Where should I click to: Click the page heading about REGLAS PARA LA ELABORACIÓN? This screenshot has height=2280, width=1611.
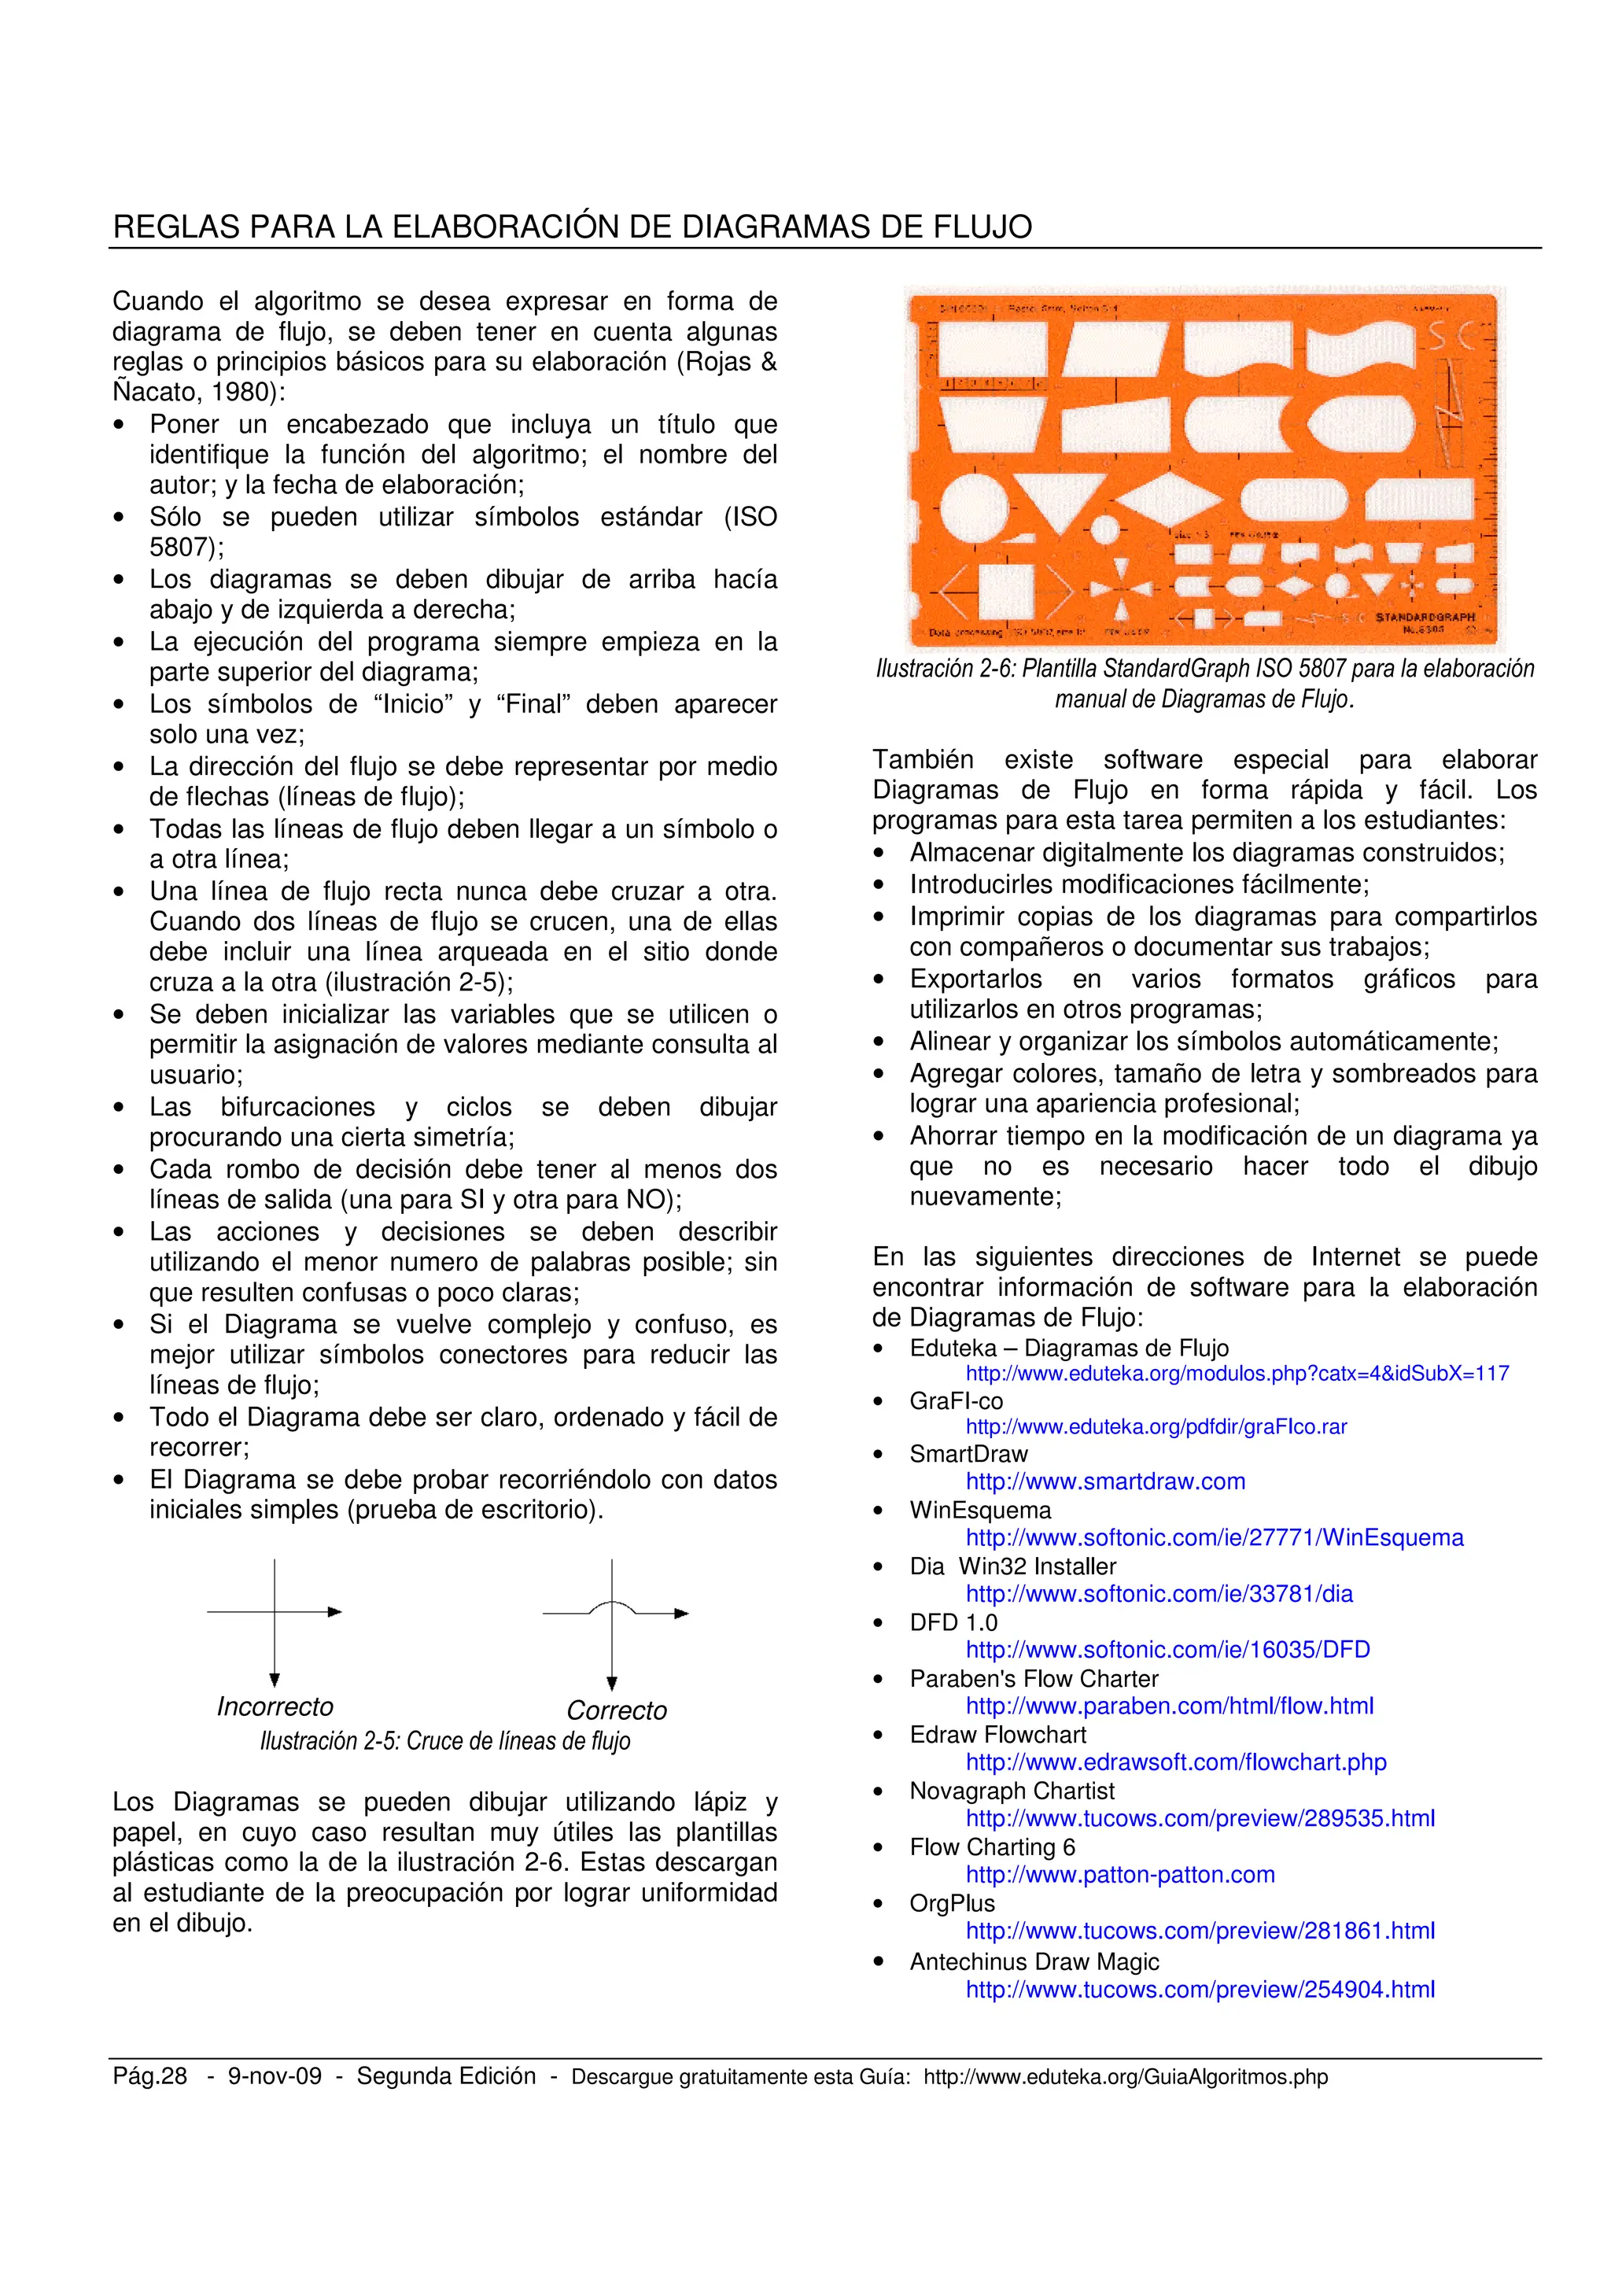click(572, 227)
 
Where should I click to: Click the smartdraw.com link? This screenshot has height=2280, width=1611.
click(1104, 1481)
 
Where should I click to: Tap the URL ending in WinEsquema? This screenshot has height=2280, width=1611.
click(1214, 1537)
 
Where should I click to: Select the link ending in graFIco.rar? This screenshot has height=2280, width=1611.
click(1156, 1426)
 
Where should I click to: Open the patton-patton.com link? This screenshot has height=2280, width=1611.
click(1119, 1874)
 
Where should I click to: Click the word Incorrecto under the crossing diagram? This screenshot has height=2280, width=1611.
click(275, 1706)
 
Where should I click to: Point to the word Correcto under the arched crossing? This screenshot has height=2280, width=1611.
click(617, 1710)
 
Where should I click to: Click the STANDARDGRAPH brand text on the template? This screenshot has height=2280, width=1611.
click(1424, 617)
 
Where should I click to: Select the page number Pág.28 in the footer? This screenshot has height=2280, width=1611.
click(150, 2075)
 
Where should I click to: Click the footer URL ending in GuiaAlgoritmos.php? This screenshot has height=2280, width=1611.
click(1125, 2076)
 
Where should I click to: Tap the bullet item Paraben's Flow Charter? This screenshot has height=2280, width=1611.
click(1034, 1678)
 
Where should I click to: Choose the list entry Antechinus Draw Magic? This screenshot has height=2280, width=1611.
click(1034, 1961)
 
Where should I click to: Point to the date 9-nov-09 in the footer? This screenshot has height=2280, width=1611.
click(275, 2075)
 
